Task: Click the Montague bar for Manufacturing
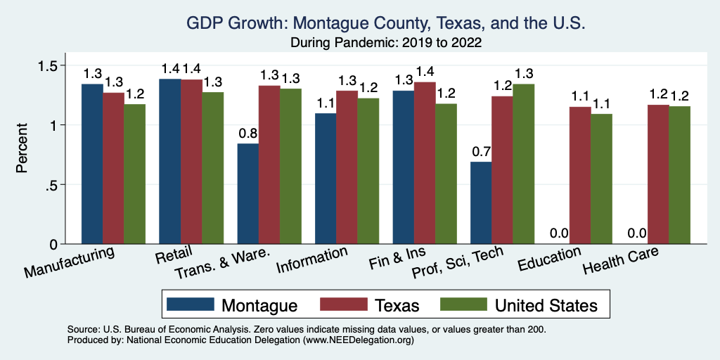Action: (x=92, y=164)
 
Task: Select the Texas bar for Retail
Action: (x=191, y=162)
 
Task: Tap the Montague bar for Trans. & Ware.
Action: (x=247, y=193)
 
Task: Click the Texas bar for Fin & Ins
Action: (x=425, y=163)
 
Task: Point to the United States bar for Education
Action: (x=601, y=179)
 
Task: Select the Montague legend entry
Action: (x=232, y=305)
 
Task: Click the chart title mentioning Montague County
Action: (x=385, y=23)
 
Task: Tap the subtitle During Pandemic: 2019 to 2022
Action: (x=385, y=42)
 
